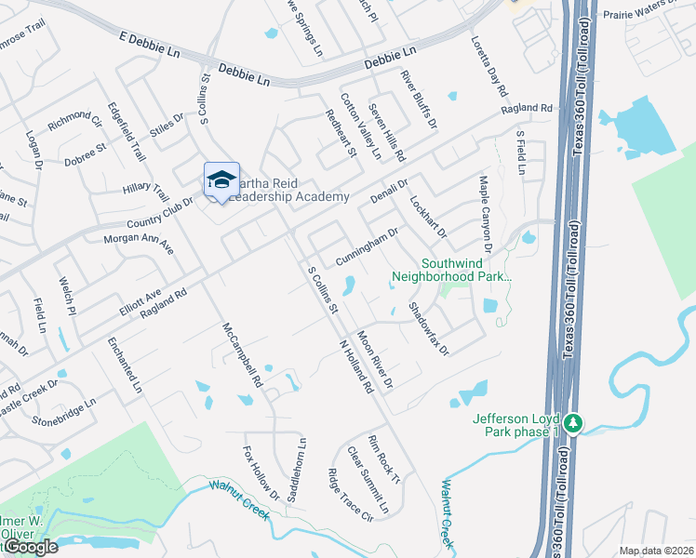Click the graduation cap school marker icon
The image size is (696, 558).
221,180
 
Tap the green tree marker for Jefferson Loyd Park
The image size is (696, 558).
575,423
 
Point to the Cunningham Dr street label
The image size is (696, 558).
368,245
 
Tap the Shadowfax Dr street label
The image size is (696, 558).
429,329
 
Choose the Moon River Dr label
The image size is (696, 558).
375,360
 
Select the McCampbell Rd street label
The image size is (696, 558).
243,355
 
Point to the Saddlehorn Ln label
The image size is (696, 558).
300,472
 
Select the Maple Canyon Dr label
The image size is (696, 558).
484,215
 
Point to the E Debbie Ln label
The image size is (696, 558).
148,46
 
